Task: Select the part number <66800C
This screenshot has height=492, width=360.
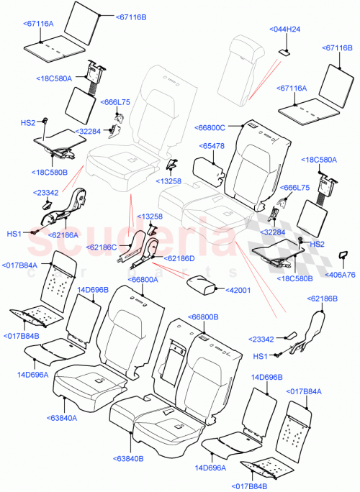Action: (x=210, y=127)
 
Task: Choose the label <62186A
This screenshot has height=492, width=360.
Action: (x=63, y=234)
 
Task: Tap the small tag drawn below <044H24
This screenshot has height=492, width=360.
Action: (x=284, y=51)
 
